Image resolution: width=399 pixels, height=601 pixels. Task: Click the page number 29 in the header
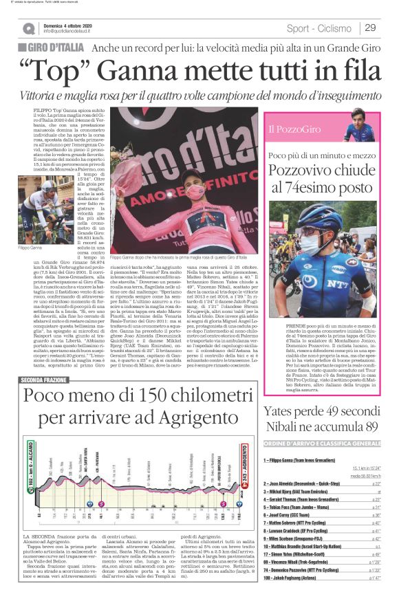[370, 28]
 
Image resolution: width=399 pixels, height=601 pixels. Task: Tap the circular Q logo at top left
[28, 29]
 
